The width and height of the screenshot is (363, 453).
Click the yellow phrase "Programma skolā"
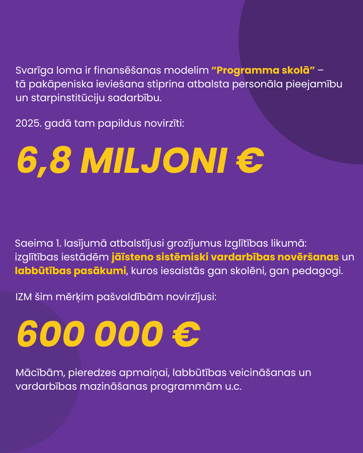[263, 70]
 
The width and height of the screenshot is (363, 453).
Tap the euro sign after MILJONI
[249, 161]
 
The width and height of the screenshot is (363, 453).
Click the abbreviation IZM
[24, 297]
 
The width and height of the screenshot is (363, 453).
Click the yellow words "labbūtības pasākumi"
[71, 271]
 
